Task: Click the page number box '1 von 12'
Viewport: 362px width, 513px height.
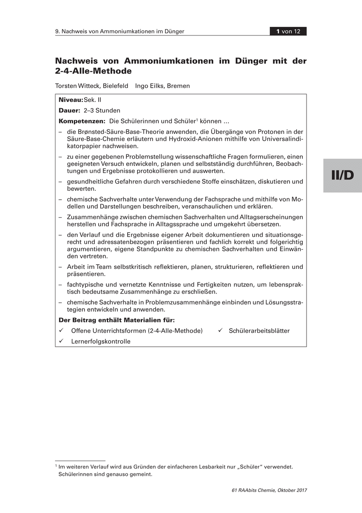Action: tap(288, 31)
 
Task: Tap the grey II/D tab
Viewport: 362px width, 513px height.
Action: tap(342, 175)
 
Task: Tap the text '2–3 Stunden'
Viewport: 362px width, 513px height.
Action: tap(102, 110)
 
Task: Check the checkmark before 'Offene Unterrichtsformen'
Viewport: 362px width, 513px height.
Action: tap(61, 330)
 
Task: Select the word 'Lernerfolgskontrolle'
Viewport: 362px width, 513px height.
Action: tap(101, 342)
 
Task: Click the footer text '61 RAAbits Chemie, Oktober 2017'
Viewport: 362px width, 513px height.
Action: tap(269, 490)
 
